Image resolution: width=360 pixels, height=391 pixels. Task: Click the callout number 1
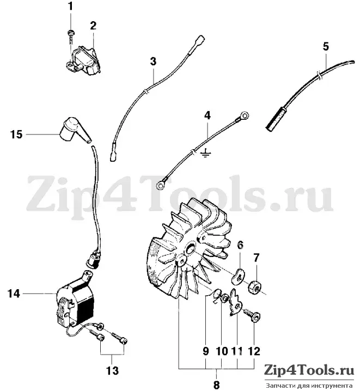[x=71, y=6]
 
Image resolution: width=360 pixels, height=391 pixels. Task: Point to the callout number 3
[x=153, y=62]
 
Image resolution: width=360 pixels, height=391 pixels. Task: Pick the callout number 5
[x=326, y=46]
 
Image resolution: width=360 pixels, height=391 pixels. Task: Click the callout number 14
[x=14, y=293]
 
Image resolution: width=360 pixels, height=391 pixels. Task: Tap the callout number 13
[x=112, y=370]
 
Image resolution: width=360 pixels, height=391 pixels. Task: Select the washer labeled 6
[x=238, y=276]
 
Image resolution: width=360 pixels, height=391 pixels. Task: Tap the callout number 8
[x=216, y=384]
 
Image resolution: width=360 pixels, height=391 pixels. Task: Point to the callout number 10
[x=222, y=351]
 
